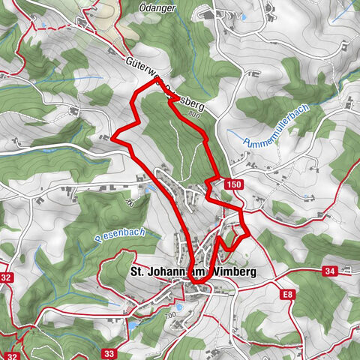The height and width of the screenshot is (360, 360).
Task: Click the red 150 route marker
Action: click(x=233, y=184)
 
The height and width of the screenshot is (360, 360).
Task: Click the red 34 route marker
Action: click(x=330, y=271)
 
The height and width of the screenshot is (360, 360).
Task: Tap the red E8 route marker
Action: click(x=289, y=295)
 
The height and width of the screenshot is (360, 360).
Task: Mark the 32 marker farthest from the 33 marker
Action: click(x=7, y=277)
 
